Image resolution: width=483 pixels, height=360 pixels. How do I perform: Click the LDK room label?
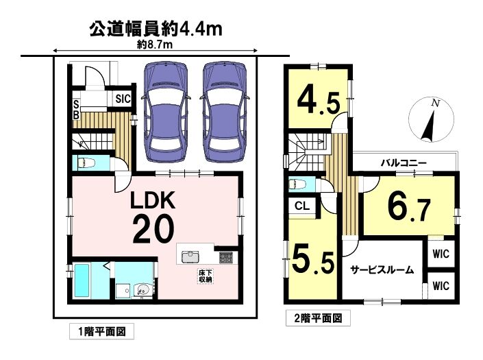pyautogui.click(x=153, y=200)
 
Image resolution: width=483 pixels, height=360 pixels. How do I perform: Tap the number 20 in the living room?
pyautogui.click(x=153, y=229)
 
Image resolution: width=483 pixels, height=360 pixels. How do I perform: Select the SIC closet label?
pyautogui.click(x=123, y=99)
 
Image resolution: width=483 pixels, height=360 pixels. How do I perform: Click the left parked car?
pyautogui.click(x=166, y=112)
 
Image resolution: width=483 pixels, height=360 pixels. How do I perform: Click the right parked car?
pyautogui.click(x=225, y=112)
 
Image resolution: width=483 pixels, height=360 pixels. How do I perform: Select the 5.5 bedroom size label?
pyautogui.click(x=312, y=259)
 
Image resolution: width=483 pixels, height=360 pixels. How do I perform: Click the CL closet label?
pyautogui.click(x=302, y=206)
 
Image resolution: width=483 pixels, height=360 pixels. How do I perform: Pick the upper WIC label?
pyautogui.click(x=441, y=254)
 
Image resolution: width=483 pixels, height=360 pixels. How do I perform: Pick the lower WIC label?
pyautogui.click(x=441, y=286)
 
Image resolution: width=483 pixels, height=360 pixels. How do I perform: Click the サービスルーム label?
pyautogui.click(x=382, y=270)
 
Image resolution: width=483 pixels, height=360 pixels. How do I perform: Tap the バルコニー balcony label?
pyautogui.click(x=404, y=163)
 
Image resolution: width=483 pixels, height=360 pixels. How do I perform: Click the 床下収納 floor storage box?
pyautogui.click(x=206, y=276)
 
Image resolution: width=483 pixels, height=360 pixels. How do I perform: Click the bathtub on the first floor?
pyautogui.click(x=82, y=280)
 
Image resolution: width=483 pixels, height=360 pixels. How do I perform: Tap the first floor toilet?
pyautogui.click(x=84, y=163)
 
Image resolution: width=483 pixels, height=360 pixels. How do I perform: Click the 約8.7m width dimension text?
pyautogui.click(x=154, y=45)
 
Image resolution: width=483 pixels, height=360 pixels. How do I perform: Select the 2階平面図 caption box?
pyautogui.click(x=318, y=317)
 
